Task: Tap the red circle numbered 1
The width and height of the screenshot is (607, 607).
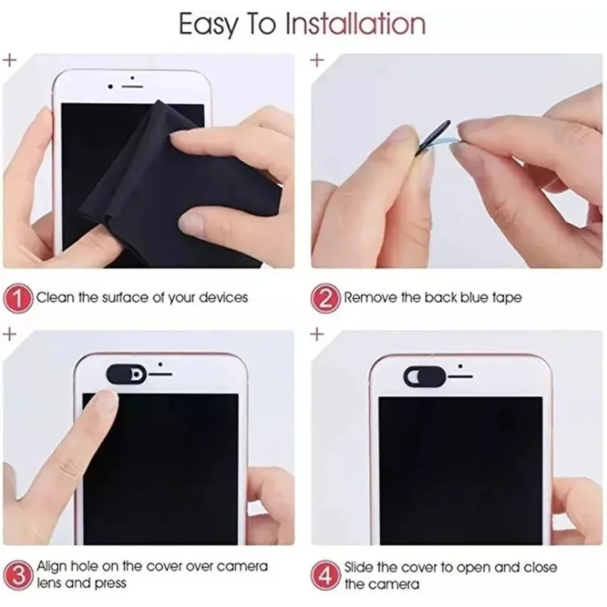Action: [20, 297]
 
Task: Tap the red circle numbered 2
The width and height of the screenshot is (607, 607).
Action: [326, 297]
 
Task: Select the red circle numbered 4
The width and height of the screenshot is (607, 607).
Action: [326, 575]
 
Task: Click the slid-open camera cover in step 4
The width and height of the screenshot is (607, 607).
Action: [423, 374]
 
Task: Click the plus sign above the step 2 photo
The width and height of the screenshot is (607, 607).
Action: [316, 58]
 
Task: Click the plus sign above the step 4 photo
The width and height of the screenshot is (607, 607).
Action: [316, 333]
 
